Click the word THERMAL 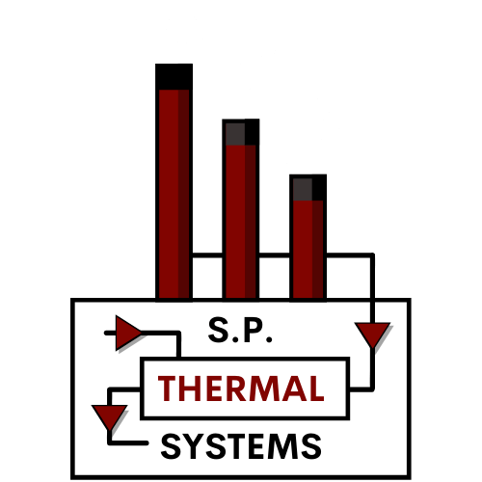240,388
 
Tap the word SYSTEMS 240,446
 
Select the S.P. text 241,331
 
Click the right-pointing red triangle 127,333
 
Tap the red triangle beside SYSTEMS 107,416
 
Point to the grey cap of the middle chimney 240,132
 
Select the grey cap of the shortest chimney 308,187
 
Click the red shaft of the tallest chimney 174,193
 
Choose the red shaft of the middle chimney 240,222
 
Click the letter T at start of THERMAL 168,388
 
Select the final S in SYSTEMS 310,446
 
